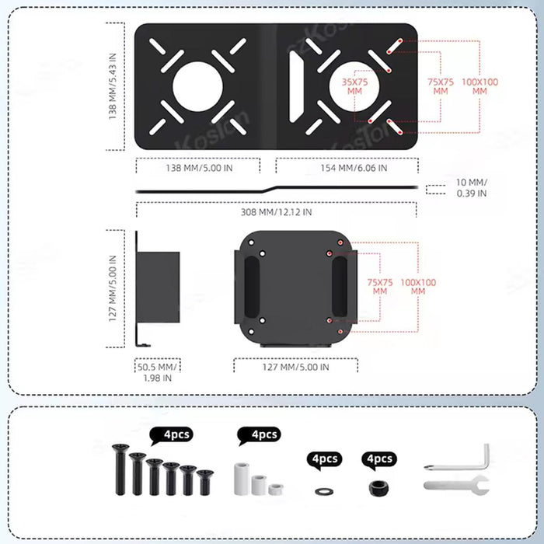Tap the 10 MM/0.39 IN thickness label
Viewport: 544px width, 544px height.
pyautogui.click(x=469, y=188)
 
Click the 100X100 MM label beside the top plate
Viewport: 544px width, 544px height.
pyautogui.click(x=479, y=85)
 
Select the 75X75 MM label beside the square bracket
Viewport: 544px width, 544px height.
pyautogui.click(x=379, y=286)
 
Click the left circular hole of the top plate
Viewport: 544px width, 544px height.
pyautogui.click(x=193, y=85)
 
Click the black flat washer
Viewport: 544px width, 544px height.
pyautogui.click(x=323, y=490)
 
